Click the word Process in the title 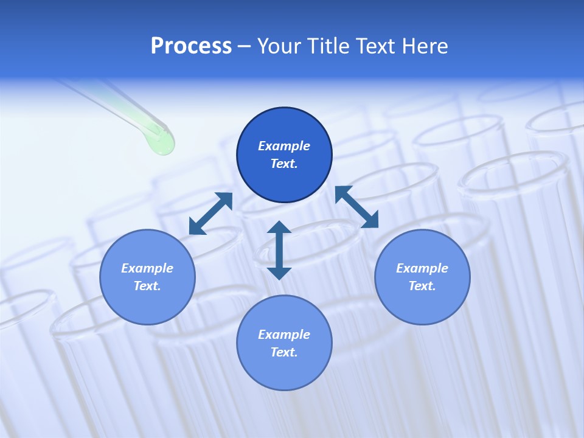(x=191, y=46)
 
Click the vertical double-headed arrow (x=279, y=251)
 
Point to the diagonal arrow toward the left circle (x=210, y=214)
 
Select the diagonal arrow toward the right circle (x=357, y=207)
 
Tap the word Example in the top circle (x=284, y=146)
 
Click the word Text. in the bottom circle (x=284, y=352)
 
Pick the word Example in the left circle (x=147, y=268)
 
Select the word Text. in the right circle (x=422, y=286)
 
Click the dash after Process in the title (x=244, y=46)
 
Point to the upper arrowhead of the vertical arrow (x=279, y=228)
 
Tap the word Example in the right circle (x=422, y=268)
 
